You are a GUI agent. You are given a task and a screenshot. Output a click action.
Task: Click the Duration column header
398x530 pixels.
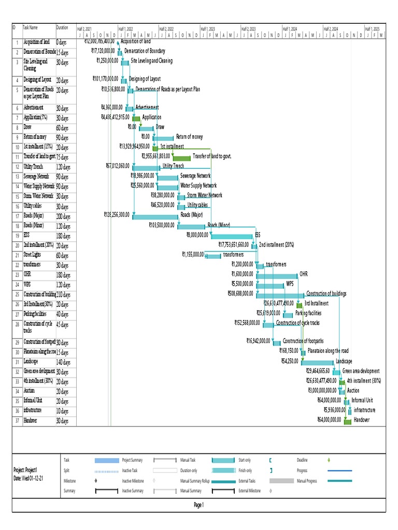click(x=62, y=28)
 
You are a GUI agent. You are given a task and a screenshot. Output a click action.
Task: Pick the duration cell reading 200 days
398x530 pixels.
click(x=63, y=215)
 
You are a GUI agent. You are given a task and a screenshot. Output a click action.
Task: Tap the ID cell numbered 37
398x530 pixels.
click(x=17, y=421)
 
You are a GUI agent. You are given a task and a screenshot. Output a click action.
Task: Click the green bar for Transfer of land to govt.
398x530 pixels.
click(x=181, y=157)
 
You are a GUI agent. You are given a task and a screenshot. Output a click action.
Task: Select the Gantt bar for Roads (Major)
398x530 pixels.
click(x=155, y=216)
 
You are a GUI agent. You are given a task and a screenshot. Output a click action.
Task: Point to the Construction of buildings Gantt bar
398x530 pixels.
click(x=280, y=295)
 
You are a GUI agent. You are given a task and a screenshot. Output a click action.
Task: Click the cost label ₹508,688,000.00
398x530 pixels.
click(x=240, y=294)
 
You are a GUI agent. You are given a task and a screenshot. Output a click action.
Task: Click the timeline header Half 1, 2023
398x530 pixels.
click(x=208, y=29)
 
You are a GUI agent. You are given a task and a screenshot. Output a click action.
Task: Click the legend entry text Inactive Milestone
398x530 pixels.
click(x=133, y=481)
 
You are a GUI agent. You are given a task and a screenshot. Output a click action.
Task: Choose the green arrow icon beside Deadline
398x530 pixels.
click(x=329, y=460)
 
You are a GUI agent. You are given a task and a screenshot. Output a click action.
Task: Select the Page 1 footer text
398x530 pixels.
click(x=198, y=505)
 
